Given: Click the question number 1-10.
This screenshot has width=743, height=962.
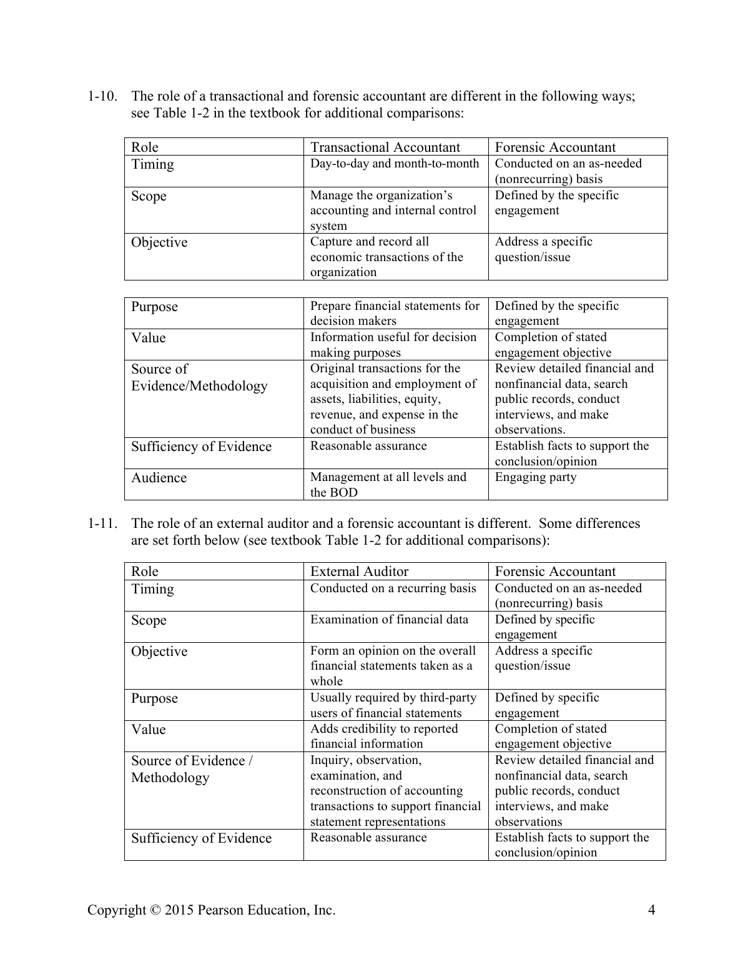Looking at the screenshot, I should coord(101,96).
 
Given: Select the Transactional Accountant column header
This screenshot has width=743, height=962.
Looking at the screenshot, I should coord(385,147).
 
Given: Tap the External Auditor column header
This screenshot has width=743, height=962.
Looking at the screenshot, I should coord(359,572).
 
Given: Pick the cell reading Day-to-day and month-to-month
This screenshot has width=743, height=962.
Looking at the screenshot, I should coord(395,164).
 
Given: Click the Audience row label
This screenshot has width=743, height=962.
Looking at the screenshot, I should coord(159,478).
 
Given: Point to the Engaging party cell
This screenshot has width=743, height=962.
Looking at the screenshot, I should coord(535,477).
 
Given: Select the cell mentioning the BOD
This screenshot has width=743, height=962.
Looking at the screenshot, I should coord(388,485).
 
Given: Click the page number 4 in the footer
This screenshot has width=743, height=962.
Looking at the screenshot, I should coord(651,910).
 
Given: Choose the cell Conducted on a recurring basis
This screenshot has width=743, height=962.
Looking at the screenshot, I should coord(393,588).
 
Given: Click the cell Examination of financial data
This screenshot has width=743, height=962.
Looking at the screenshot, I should coord(389,620).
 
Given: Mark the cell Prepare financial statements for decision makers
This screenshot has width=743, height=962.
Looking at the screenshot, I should coord(395,314).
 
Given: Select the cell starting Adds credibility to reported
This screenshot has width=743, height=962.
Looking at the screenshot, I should coord(384,736).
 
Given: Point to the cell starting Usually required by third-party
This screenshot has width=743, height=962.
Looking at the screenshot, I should coord(393,705).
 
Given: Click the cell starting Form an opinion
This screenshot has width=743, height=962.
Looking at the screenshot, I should coord(392,666).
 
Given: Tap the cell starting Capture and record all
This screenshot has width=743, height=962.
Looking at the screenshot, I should coord(386,257).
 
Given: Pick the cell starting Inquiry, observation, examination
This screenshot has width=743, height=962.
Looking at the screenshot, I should coord(395,791).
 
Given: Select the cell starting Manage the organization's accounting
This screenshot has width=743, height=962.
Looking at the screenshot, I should coord(393,211).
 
